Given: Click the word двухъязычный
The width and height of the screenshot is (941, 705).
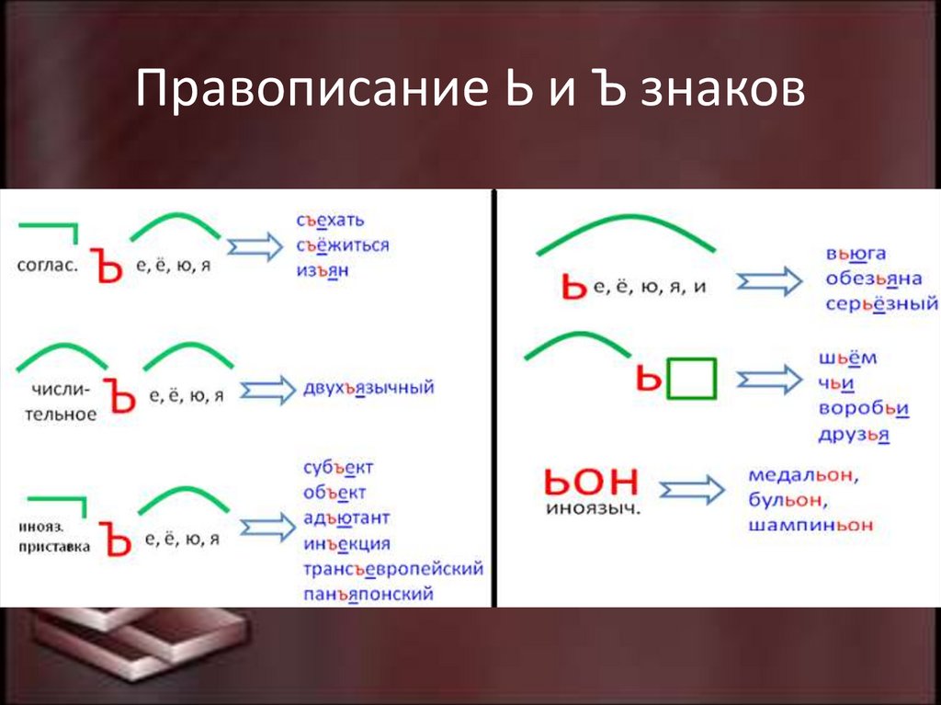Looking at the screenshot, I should click(x=368, y=388).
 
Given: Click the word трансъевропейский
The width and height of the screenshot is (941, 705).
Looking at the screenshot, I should click(x=393, y=568).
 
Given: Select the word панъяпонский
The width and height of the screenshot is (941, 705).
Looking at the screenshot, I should click(x=368, y=594).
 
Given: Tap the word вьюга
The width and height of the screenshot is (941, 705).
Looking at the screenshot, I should click(x=855, y=255).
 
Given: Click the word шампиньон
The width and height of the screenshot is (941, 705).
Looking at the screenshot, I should click(x=810, y=526).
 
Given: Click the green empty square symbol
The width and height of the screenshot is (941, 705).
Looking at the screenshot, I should click(x=691, y=378).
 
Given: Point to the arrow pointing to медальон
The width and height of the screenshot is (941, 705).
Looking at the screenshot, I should click(x=691, y=490).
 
